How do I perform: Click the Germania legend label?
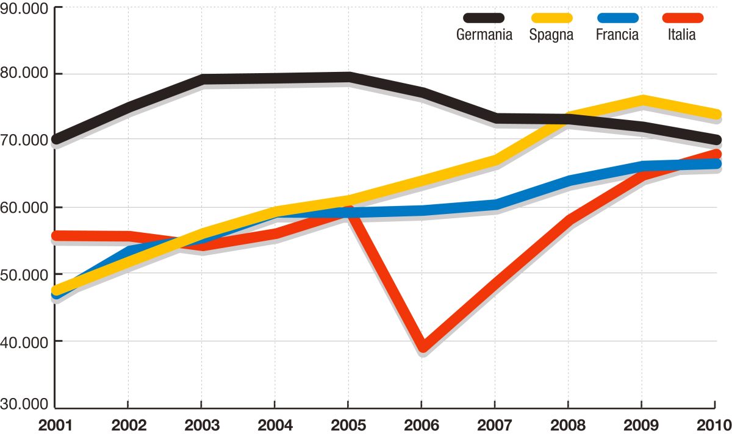click(x=484, y=35)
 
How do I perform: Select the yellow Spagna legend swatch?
click(x=551, y=19)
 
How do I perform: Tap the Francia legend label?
click(x=617, y=35)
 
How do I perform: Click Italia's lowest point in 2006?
click(x=422, y=347)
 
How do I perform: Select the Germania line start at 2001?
click(x=56, y=140)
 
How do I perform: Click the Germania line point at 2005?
click(x=348, y=77)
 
